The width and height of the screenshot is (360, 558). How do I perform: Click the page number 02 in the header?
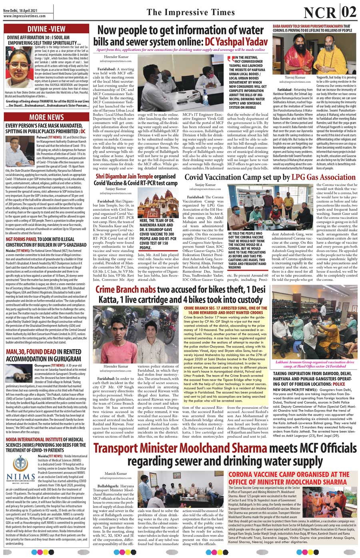point(348,12)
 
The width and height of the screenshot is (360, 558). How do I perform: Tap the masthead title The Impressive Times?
point(190,12)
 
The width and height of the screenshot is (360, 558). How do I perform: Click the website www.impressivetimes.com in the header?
point(24,16)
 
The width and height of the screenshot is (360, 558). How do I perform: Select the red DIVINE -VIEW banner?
point(46,29)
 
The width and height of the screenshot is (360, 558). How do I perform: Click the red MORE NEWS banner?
point(46,117)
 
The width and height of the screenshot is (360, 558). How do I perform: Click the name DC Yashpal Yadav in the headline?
point(236,41)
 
